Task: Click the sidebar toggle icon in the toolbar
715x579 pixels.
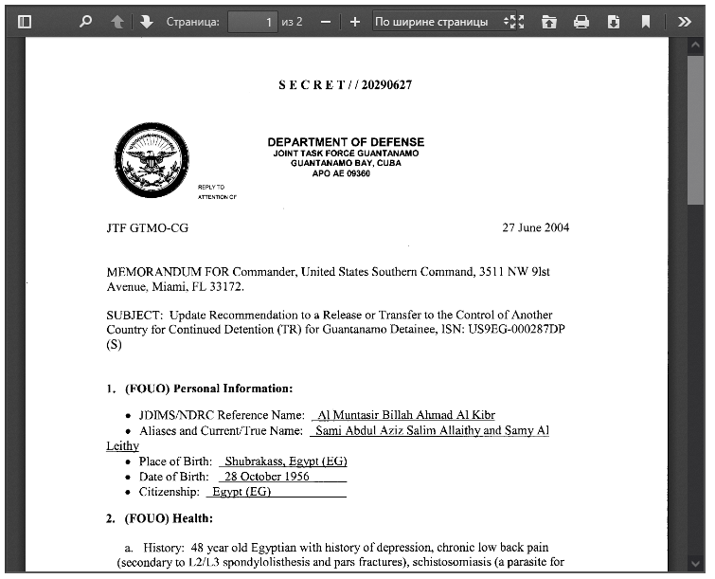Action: click(x=26, y=21)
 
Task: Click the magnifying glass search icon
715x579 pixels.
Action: click(x=86, y=21)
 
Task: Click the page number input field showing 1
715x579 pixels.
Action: click(x=252, y=21)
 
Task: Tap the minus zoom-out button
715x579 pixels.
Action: click(x=325, y=21)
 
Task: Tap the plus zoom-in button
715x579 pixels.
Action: click(x=354, y=21)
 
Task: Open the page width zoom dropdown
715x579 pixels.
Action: click(x=437, y=21)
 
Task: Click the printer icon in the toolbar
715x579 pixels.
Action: click(x=581, y=21)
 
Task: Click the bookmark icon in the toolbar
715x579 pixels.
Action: click(x=645, y=21)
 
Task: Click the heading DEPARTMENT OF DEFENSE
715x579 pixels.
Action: click(x=346, y=142)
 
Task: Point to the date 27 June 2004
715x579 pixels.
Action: click(x=535, y=228)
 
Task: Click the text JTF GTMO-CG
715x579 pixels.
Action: click(x=148, y=228)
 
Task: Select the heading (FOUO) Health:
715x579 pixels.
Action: click(x=169, y=518)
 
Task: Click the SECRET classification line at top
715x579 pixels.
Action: click(x=345, y=85)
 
